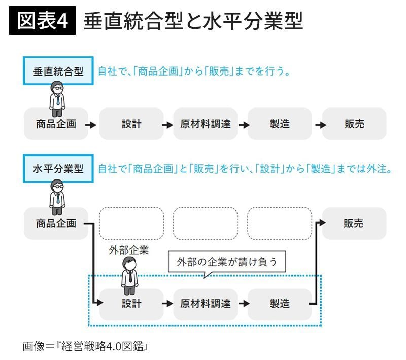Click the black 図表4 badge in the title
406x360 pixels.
pyautogui.click(x=42, y=21)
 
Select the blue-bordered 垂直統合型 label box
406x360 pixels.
pyautogui.click(x=58, y=71)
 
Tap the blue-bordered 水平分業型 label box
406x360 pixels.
pyautogui.click(x=58, y=169)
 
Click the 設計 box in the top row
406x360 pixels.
pyautogui.click(x=131, y=124)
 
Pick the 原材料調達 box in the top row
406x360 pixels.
pyautogui.click(x=205, y=124)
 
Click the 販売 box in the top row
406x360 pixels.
pyautogui.click(x=354, y=124)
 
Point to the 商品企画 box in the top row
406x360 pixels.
pyautogui.click(x=56, y=124)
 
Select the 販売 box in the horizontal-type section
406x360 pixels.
pyautogui.click(x=354, y=223)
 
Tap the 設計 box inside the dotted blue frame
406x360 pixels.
pyautogui.click(x=131, y=304)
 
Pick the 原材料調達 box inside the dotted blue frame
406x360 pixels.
pyautogui.click(x=205, y=304)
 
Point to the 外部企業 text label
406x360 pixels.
pyautogui.click(x=129, y=250)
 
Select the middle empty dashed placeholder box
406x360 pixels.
pyautogui.click(x=205, y=223)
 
